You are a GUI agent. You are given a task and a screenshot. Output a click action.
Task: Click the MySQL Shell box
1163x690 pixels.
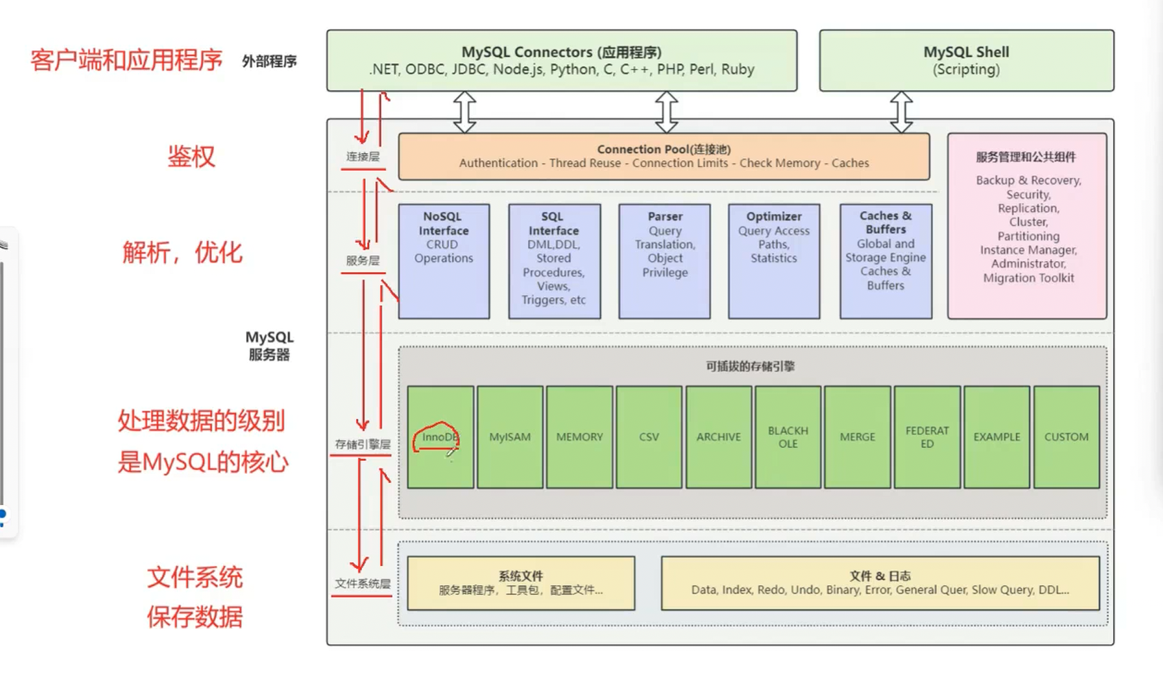tap(966, 60)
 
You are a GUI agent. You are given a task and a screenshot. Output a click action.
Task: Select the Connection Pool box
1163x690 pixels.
tap(663, 157)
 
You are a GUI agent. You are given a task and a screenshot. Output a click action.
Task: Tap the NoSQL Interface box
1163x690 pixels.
tap(444, 261)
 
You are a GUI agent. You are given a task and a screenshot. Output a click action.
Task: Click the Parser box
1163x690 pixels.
tap(664, 261)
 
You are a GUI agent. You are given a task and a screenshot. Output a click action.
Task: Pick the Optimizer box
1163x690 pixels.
tap(773, 261)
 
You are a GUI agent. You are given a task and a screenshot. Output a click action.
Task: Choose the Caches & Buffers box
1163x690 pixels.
tap(885, 261)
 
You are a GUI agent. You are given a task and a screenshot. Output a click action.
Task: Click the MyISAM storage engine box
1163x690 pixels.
tap(509, 437)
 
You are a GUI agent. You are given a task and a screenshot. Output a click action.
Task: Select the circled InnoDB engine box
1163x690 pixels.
tap(439, 437)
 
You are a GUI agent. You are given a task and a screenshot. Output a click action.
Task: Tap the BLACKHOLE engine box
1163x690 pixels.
tap(788, 437)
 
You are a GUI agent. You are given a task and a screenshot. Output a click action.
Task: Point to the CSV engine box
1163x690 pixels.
tap(649, 437)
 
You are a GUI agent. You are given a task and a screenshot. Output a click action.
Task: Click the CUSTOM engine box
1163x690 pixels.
tap(1066, 437)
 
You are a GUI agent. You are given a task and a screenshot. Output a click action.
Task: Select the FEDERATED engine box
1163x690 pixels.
tap(927, 437)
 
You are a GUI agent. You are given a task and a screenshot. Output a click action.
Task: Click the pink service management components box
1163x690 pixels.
tap(1026, 226)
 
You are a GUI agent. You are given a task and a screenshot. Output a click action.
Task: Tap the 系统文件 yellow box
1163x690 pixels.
tap(521, 583)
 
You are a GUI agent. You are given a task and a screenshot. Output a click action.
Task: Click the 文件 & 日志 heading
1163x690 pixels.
tap(880, 576)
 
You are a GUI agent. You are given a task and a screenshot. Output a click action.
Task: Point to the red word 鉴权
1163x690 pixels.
tap(191, 157)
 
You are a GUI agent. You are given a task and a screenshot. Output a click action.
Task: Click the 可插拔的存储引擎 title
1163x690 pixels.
tap(750, 366)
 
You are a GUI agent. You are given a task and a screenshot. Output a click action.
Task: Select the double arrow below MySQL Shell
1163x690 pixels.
tap(901, 112)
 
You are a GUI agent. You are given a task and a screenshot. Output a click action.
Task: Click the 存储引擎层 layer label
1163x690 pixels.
tap(362, 444)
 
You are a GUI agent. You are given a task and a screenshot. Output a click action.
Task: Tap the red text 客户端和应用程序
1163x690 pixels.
tap(126, 60)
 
